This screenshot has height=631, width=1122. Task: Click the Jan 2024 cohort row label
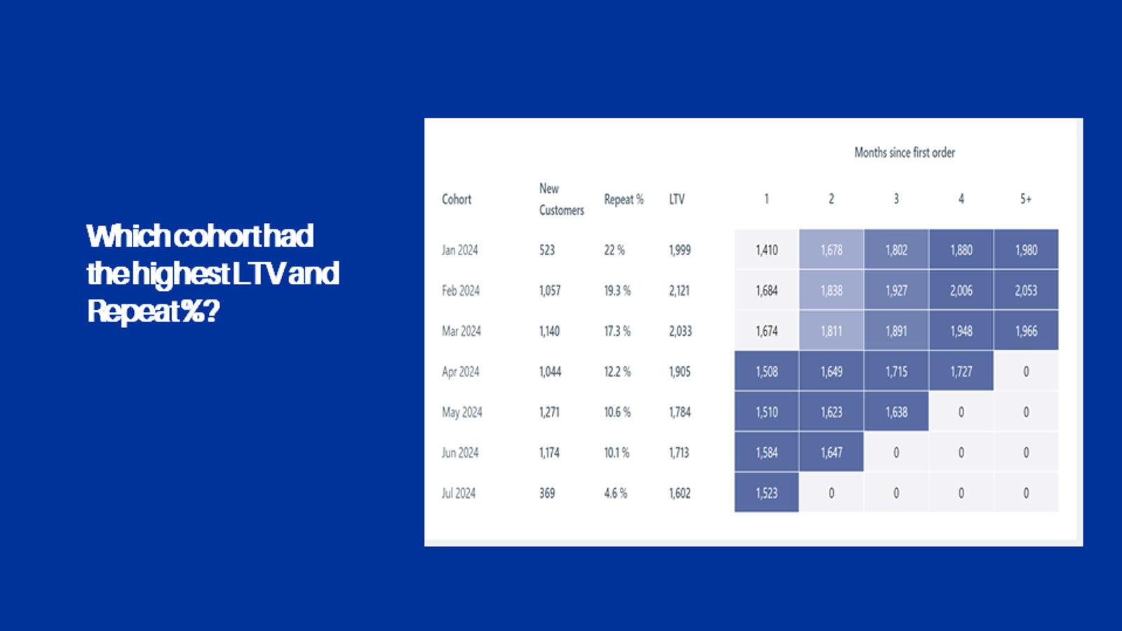(x=459, y=250)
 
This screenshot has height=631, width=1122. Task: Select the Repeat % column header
(x=623, y=199)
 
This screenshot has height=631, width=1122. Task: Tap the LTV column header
(x=676, y=199)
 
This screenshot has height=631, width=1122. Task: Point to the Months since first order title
(x=904, y=152)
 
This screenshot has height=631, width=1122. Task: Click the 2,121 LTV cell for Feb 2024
(x=679, y=290)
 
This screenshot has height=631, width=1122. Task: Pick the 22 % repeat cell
(x=614, y=250)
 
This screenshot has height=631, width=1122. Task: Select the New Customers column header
(x=561, y=199)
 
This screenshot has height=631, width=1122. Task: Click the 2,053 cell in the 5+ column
(x=1025, y=290)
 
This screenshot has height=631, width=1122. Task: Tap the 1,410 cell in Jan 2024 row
(x=766, y=250)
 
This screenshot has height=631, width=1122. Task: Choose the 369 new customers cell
(x=547, y=493)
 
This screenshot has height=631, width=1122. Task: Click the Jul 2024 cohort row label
(x=459, y=493)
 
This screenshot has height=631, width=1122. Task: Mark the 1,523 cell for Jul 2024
(x=766, y=493)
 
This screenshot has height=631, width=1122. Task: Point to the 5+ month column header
(x=1025, y=199)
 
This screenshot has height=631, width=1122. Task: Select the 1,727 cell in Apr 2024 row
(x=961, y=372)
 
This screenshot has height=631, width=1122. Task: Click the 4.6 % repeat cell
(x=616, y=493)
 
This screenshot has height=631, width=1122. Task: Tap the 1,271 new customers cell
(x=549, y=412)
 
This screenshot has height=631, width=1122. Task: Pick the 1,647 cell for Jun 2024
(x=831, y=453)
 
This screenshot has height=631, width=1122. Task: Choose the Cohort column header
(x=457, y=199)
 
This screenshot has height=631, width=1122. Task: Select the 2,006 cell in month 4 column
(x=961, y=290)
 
